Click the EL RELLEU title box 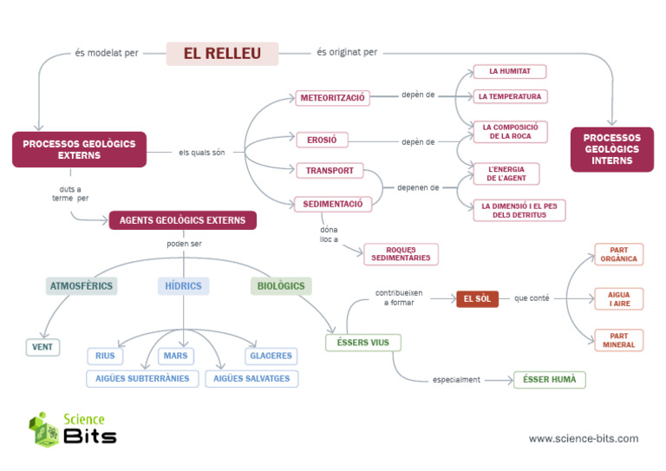(222, 54)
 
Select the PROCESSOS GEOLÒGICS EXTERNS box (79, 149)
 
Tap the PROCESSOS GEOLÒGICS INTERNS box (611, 149)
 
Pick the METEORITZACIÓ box (332, 98)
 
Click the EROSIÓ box (322, 140)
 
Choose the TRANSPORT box (330, 170)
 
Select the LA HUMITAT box (509, 71)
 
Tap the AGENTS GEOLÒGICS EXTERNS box (182, 220)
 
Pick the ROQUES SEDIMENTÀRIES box (401, 254)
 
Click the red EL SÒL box (477, 299)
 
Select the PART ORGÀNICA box (619, 254)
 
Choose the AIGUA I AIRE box (619, 299)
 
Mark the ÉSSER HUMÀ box (550, 379)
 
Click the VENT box (42, 347)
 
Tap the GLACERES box (271, 356)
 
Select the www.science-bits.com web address (583, 439)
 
